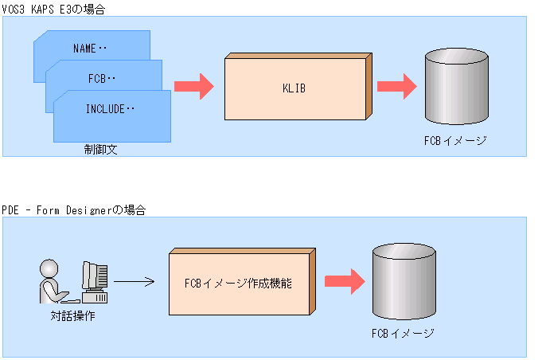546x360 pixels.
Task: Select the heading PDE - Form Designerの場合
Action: [73, 209]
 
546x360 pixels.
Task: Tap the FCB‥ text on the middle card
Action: [101, 78]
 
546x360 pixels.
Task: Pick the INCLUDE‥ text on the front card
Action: [111, 109]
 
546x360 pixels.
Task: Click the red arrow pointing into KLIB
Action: [193, 85]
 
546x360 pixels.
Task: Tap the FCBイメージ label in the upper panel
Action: [455, 140]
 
